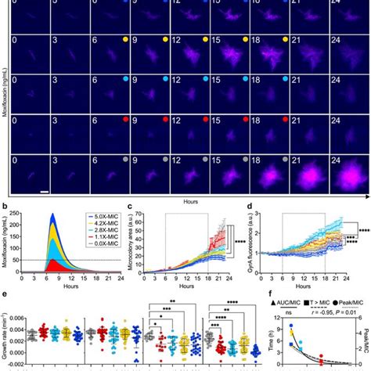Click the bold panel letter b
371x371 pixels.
(5, 207)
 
